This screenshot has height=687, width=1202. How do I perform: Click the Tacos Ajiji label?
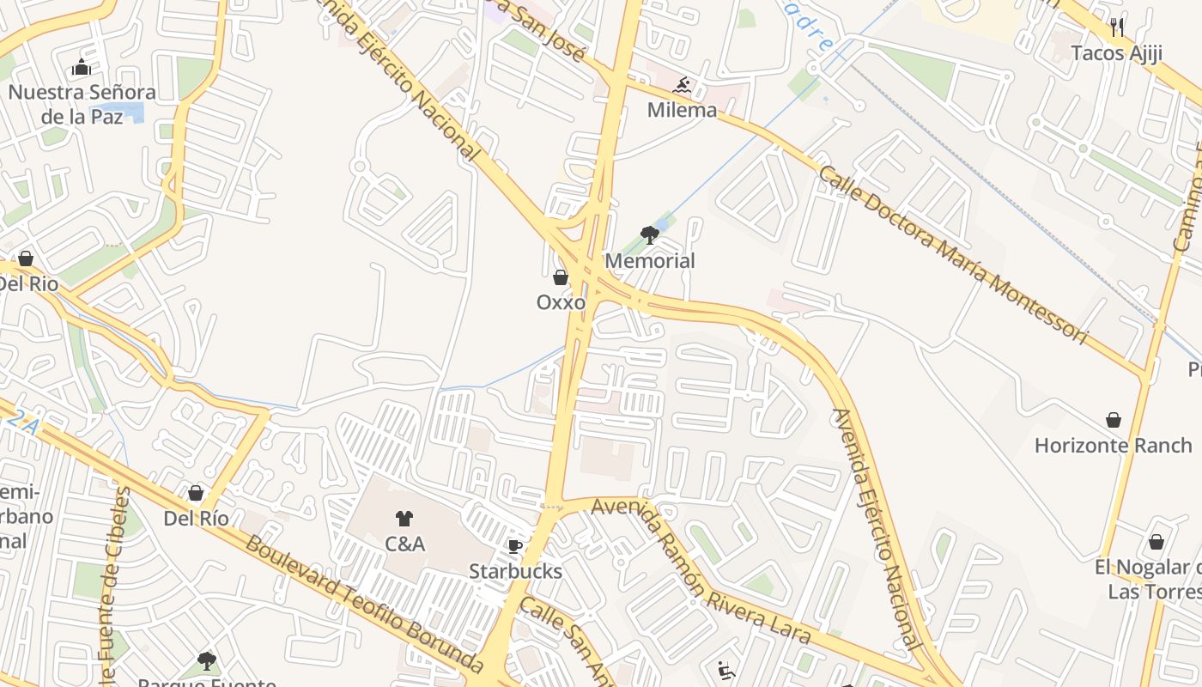(x=1116, y=53)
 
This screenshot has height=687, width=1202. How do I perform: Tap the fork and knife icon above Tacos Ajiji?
(x=1116, y=27)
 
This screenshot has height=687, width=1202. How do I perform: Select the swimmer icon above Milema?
(x=683, y=85)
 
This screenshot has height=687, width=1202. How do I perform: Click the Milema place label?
(x=682, y=110)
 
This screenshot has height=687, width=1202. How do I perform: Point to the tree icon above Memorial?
(x=650, y=234)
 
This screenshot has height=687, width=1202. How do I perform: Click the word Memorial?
(x=650, y=260)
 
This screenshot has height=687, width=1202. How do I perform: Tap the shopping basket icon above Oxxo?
(x=561, y=277)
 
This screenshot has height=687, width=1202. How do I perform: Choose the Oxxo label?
(x=561, y=302)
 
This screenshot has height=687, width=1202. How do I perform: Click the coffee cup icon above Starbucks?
(x=515, y=546)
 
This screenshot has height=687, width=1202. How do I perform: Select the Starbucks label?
(x=515, y=571)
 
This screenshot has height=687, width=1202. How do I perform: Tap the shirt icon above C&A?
(x=404, y=518)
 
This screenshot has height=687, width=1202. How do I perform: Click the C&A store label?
(x=404, y=544)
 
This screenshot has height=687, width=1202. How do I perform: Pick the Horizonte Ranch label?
(x=1113, y=445)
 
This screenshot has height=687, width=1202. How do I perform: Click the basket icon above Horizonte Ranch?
(x=1114, y=420)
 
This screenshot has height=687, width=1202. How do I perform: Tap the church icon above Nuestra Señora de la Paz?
(x=82, y=67)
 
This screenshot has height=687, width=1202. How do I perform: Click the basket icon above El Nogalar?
(x=1156, y=543)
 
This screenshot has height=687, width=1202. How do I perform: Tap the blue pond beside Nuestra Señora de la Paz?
(x=134, y=112)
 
